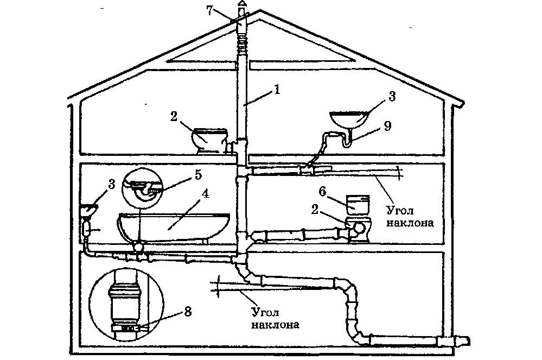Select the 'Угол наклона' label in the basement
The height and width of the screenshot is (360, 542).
coord(275,319)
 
